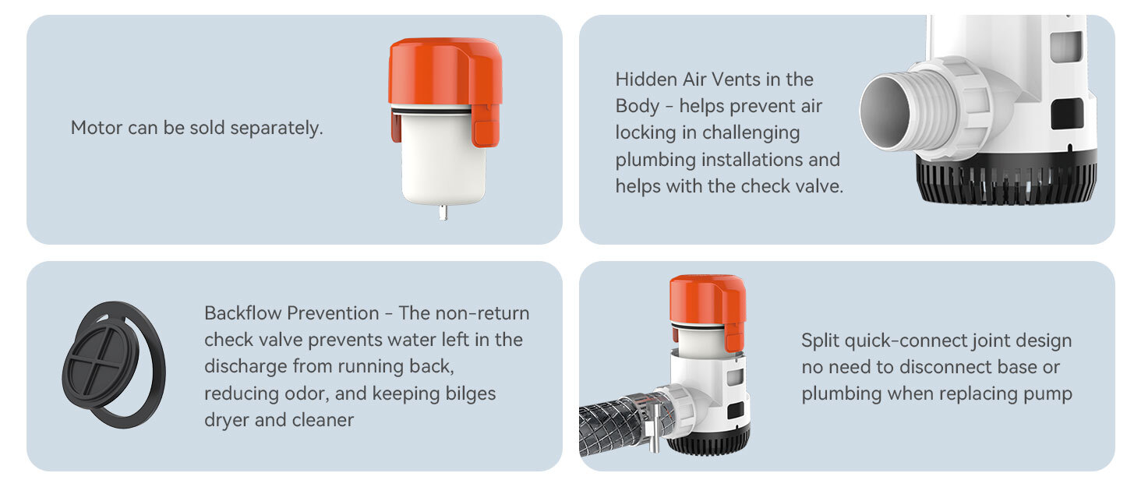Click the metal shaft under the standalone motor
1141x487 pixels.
443,213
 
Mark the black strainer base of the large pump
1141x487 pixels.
1006,178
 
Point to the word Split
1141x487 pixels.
820,341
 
